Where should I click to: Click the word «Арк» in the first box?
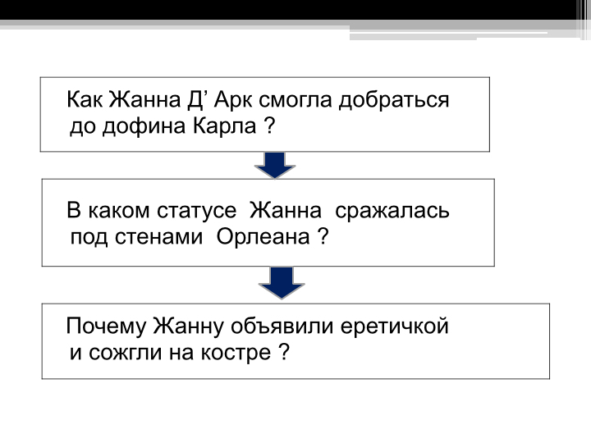tap(234, 100)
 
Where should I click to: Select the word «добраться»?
tap(394, 101)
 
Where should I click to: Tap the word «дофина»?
tap(144, 126)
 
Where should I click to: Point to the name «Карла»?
tap(225, 126)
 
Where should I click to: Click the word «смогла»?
tap(295, 101)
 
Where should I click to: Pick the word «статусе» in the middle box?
tap(197, 211)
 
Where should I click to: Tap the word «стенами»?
tap(158, 237)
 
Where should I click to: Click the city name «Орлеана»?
tap(263, 237)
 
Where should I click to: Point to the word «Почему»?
tap(106, 327)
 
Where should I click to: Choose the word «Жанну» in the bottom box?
tap(189, 327)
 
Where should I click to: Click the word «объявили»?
tap(282, 326)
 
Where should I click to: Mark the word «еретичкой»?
tap(394, 327)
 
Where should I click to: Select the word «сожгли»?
tap(125, 353)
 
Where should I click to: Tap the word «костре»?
tap(236, 354)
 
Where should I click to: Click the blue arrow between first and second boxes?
tap(275, 166)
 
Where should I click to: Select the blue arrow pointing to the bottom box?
tap(282, 283)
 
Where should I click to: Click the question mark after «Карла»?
tap(270, 126)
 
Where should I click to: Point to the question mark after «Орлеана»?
tap(323, 237)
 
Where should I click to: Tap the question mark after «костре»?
tap(285, 352)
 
